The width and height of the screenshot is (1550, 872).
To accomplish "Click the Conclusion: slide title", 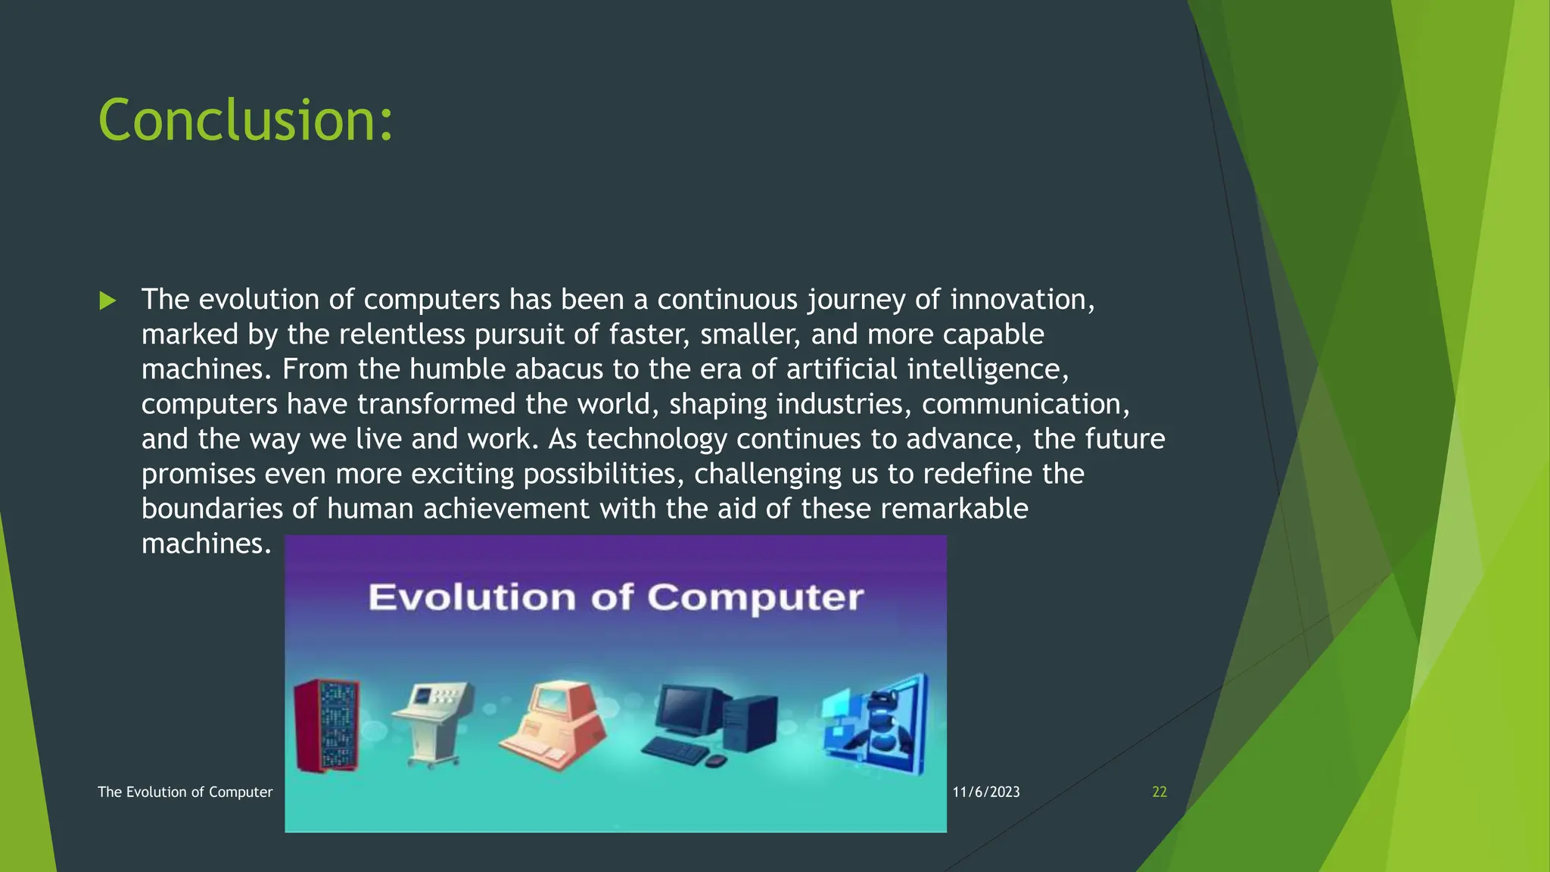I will [246, 121].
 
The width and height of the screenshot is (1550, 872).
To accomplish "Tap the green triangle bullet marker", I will [107, 301].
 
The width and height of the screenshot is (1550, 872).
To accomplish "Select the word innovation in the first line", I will [1022, 300].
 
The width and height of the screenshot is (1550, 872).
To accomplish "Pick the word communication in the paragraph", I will [1025, 404].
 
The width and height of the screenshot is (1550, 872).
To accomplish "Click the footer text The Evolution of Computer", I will [185, 792].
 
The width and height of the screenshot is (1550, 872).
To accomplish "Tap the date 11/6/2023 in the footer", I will [985, 792].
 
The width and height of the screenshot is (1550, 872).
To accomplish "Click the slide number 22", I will [1159, 792].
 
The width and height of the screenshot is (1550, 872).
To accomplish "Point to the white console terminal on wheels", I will [431, 719].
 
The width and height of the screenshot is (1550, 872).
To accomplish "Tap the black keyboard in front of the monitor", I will [674, 749].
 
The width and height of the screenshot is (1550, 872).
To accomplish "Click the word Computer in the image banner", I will [755, 597].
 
